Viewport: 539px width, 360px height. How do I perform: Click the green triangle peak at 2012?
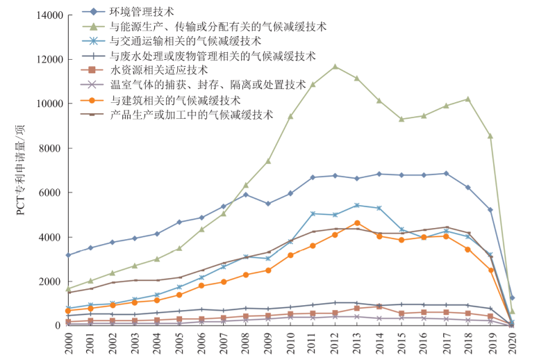[x=335, y=67]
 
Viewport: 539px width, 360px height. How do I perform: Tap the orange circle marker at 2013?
[x=357, y=222]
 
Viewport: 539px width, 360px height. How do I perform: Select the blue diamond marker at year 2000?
[x=68, y=255]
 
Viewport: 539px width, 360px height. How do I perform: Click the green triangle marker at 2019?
[x=490, y=136]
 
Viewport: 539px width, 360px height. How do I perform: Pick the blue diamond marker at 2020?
[x=513, y=297]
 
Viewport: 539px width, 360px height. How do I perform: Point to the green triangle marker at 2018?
[x=468, y=99]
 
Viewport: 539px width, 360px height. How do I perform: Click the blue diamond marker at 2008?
[x=246, y=195]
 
